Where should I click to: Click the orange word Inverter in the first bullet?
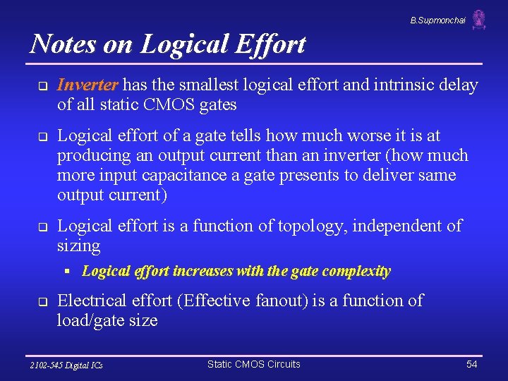point(88,85)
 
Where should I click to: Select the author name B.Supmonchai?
point(437,20)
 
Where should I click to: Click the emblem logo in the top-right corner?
point(479,20)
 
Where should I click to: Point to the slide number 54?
point(472,364)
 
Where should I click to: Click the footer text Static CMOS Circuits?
point(253,364)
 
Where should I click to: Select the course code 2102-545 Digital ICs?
point(66,365)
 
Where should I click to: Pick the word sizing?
point(78,246)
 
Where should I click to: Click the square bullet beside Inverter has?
point(42,87)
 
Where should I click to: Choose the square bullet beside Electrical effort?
point(42,302)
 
